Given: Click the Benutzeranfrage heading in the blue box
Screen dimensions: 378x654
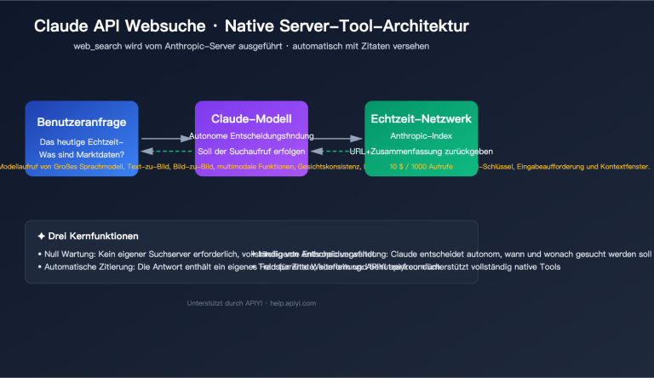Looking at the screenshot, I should tap(82, 121).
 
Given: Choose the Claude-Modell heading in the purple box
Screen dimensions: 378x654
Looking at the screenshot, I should tap(251, 119).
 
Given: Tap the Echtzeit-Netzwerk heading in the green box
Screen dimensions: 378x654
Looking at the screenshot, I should tap(421, 119).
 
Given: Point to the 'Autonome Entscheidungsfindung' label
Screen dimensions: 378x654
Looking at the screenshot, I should tap(251, 136).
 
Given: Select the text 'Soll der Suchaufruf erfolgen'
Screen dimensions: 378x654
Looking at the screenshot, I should tap(251, 152).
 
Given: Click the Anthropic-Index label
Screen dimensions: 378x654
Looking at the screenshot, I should tap(421, 136).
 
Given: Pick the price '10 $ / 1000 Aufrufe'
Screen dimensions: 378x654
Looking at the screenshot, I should tap(421, 166).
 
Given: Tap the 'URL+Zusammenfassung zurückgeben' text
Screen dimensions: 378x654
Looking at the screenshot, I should tap(421, 152).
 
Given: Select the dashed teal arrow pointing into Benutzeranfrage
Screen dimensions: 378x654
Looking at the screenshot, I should tap(166, 152).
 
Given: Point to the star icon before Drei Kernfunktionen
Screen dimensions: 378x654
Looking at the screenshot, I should tap(41, 236).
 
